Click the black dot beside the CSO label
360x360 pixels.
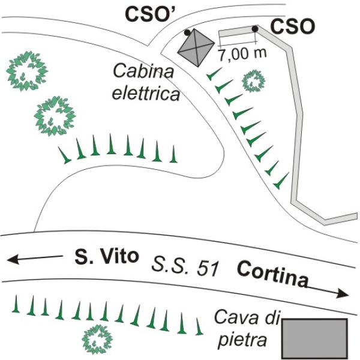pos(255,29)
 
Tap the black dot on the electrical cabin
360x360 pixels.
pos(187,32)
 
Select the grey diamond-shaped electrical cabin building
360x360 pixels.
pos(196,48)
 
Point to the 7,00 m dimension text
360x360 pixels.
pos(242,54)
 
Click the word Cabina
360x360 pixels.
pos(144,71)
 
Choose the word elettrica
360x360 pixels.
pos(146,94)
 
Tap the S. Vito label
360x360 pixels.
pos(107,256)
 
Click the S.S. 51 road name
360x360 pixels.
pos(185,267)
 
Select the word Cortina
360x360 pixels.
pos(272,274)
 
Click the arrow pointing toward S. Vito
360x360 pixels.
pos(35,259)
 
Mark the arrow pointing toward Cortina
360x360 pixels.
pos(328,291)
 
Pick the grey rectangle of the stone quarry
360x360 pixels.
pos(314,338)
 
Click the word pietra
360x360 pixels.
pos(242,341)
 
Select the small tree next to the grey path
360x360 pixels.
pos(253,81)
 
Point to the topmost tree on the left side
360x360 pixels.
pos(27,71)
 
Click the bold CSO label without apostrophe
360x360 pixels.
pos(292,26)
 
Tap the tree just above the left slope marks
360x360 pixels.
pos(55,116)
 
